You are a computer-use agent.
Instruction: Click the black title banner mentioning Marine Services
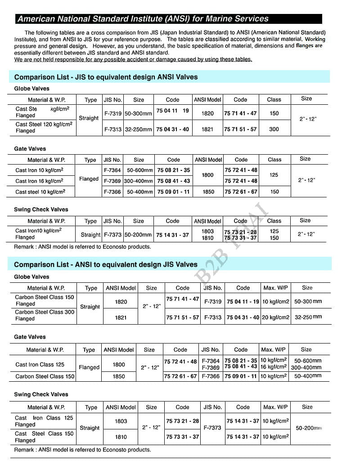(x=169, y=19)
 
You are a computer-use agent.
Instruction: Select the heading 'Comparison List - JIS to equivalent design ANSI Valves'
(x=106, y=77)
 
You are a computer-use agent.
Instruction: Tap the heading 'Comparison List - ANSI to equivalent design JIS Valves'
(x=106, y=264)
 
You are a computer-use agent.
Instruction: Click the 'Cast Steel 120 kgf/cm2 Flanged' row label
(x=44, y=127)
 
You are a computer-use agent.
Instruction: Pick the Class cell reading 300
(x=274, y=129)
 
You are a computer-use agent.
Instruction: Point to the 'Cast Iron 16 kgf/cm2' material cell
(x=39, y=181)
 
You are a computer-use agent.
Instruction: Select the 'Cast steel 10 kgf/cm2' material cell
(x=40, y=192)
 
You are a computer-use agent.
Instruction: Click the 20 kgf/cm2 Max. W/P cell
(x=275, y=317)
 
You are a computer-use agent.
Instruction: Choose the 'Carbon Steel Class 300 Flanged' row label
(x=45, y=315)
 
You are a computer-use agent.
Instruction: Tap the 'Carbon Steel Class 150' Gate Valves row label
(x=45, y=376)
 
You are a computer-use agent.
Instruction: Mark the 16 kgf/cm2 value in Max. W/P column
(x=274, y=367)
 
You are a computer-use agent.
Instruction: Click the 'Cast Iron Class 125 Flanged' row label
(x=44, y=421)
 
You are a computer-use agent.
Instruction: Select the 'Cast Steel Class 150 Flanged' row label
(x=44, y=437)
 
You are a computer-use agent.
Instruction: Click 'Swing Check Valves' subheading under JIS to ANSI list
(x=41, y=210)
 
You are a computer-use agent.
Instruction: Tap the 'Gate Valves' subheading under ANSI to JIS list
(x=30, y=337)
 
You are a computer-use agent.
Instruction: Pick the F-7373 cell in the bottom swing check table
(x=212, y=428)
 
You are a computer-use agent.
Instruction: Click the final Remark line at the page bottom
(x=83, y=450)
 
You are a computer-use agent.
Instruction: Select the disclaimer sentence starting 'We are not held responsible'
(x=133, y=59)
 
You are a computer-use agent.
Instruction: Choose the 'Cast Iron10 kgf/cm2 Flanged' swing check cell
(x=38, y=234)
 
